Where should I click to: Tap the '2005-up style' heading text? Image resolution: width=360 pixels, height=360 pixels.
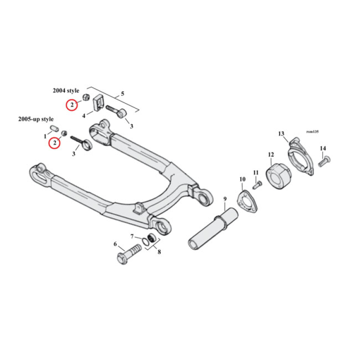pos(36,119)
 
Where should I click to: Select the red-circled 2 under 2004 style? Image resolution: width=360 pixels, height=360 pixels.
pos(72,105)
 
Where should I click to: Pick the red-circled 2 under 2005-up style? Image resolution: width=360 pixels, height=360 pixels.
pos(55,143)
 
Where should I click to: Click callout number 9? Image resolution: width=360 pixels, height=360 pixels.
pos(225,199)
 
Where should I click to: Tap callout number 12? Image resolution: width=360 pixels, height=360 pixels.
pos(270,155)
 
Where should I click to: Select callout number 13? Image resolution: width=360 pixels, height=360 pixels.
pos(281,134)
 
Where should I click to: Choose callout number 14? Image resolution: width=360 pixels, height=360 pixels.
pos(323,148)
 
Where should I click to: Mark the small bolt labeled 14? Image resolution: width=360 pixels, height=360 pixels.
pos(324,161)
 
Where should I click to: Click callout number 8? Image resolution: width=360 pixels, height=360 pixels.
pos(159,252)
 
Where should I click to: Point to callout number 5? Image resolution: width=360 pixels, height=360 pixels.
pos(122,94)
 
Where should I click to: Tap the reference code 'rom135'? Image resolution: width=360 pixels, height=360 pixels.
pos(312,131)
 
